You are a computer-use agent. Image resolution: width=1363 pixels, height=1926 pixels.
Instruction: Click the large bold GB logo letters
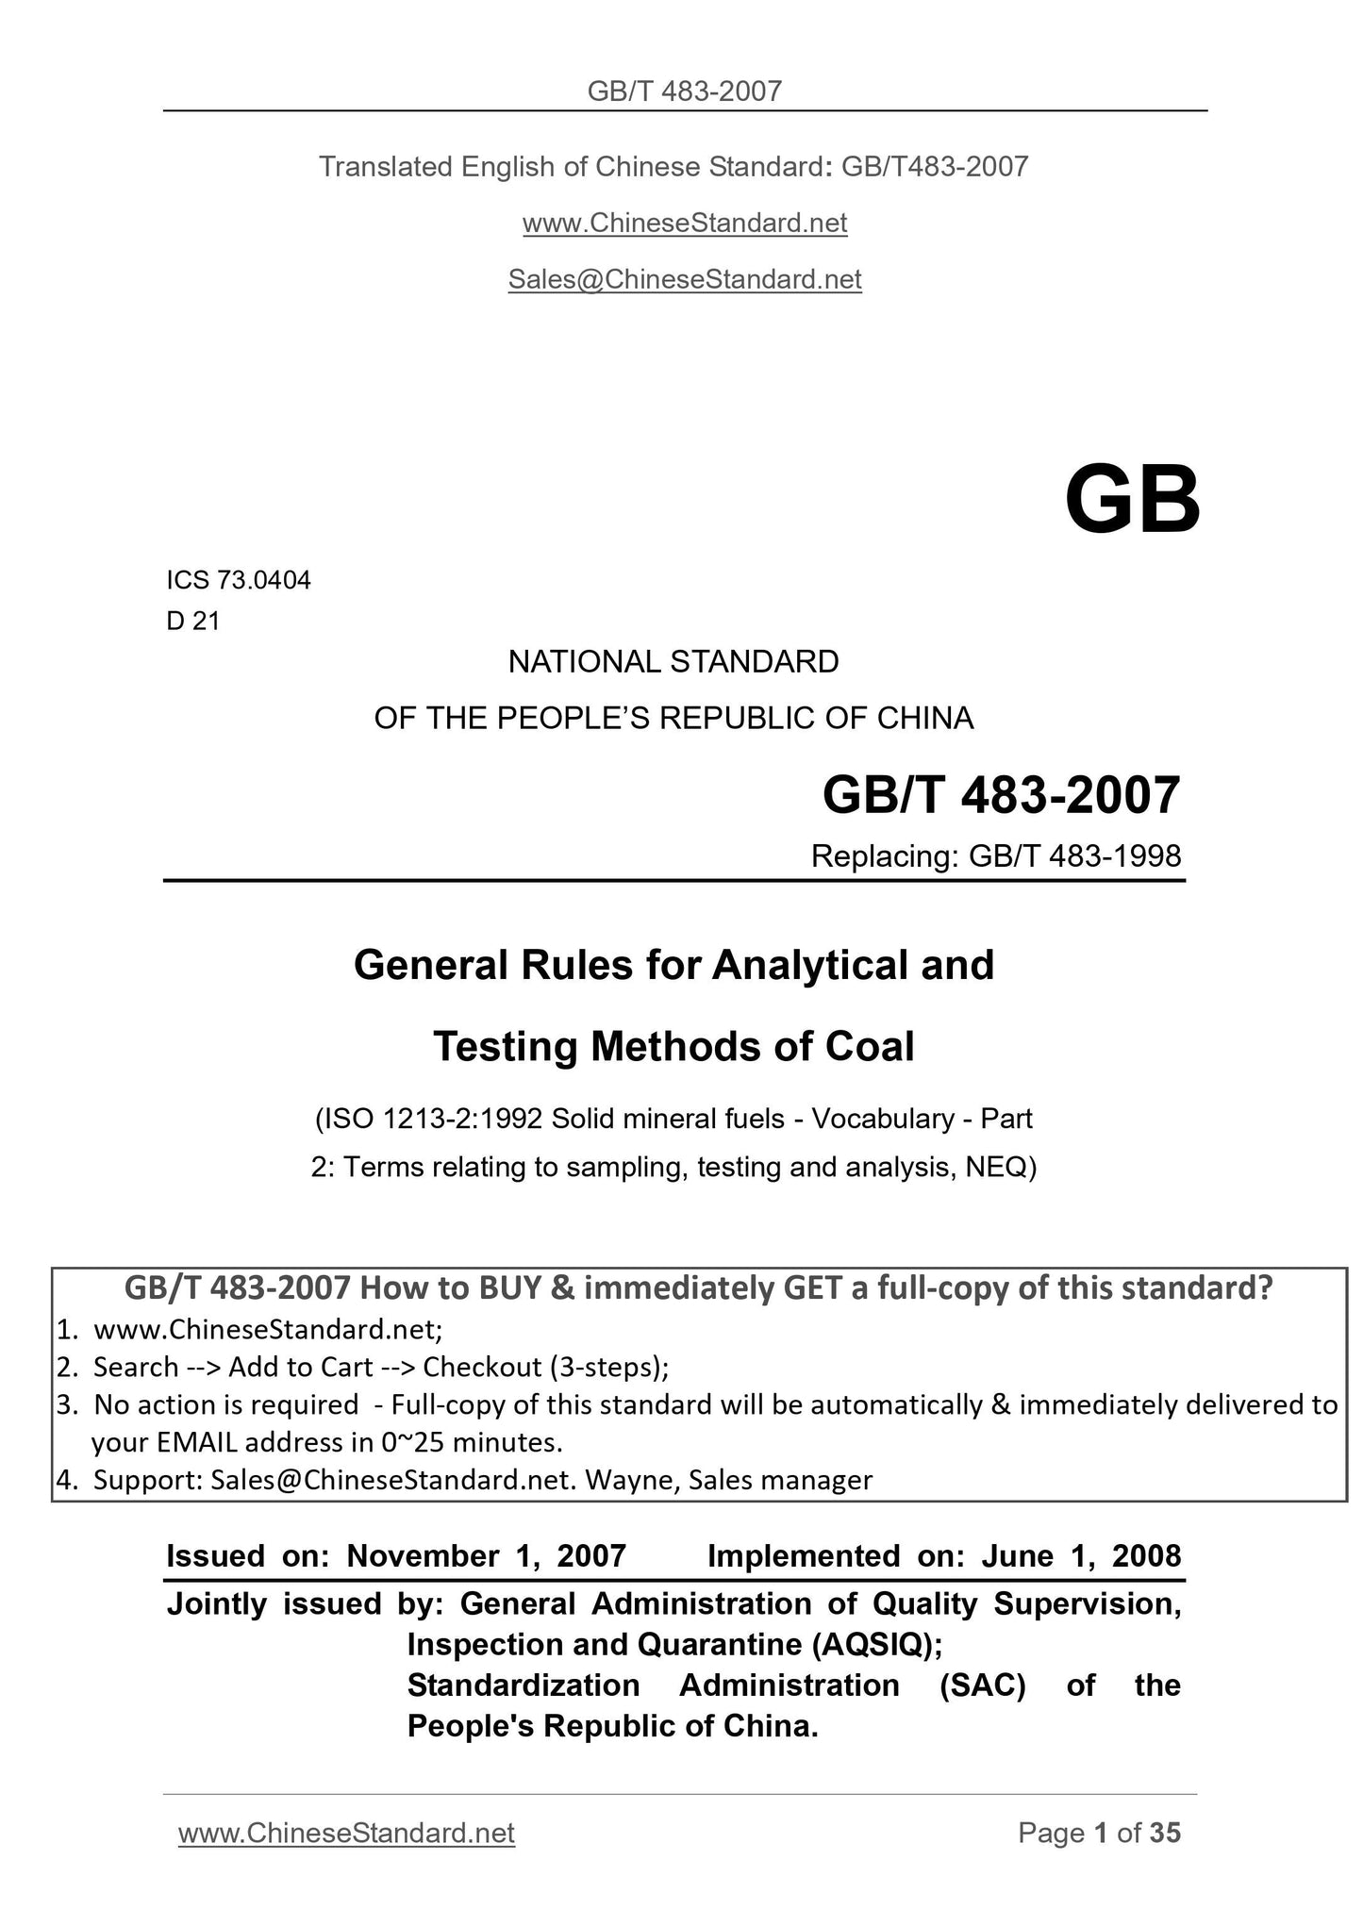pos(1132,501)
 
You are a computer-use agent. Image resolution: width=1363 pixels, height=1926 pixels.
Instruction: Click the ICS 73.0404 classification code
pos(239,581)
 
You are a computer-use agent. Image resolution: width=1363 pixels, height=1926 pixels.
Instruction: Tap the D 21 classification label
pos(193,622)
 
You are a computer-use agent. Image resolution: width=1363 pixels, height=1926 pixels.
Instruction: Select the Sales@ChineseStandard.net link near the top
pos(685,279)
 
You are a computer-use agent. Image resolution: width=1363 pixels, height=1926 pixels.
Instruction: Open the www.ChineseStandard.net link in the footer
pos(346,1832)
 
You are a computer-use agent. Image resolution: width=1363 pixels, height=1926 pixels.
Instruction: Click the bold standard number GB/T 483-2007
pos(1001,795)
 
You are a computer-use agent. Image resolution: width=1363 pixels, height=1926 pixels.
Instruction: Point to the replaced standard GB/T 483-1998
pos(1072,855)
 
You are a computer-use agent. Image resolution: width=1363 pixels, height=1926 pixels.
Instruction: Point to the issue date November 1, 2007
pos(487,1555)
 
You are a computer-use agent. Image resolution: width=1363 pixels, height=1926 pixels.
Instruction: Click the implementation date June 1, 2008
pos(1081,1555)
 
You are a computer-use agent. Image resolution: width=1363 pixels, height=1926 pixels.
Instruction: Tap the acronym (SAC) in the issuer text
pos(983,1685)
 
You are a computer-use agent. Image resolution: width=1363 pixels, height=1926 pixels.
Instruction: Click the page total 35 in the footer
pos(1165,1832)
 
